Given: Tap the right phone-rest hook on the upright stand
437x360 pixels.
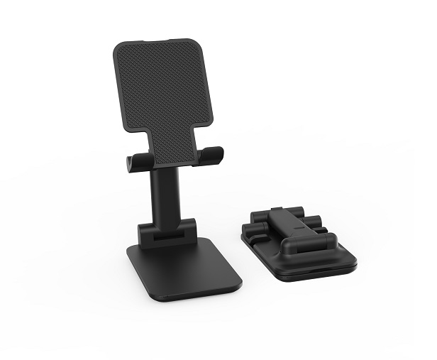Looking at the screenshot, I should (211, 155).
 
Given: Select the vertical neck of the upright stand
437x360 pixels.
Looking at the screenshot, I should (164, 196).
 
